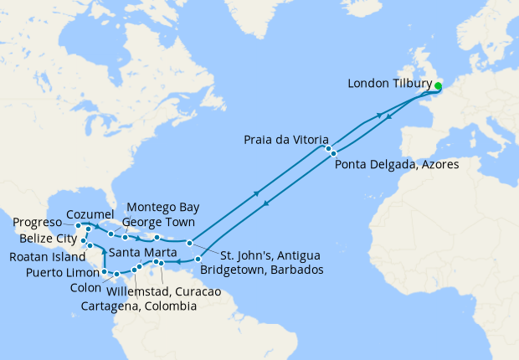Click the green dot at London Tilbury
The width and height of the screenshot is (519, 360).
[x=439, y=85]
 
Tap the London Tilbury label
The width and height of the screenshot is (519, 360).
[x=388, y=84]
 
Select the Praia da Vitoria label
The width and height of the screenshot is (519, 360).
[x=286, y=139]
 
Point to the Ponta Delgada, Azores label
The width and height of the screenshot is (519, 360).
[x=396, y=165]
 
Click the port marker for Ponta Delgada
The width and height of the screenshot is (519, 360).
[x=333, y=153]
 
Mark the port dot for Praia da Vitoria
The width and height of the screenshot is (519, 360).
[x=329, y=148]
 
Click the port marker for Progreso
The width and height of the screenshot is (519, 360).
[x=78, y=225]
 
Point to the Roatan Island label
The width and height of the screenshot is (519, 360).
[x=49, y=256]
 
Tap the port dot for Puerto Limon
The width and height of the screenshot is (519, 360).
[x=104, y=273]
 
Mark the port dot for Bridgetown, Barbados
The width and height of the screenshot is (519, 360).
[x=198, y=260]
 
